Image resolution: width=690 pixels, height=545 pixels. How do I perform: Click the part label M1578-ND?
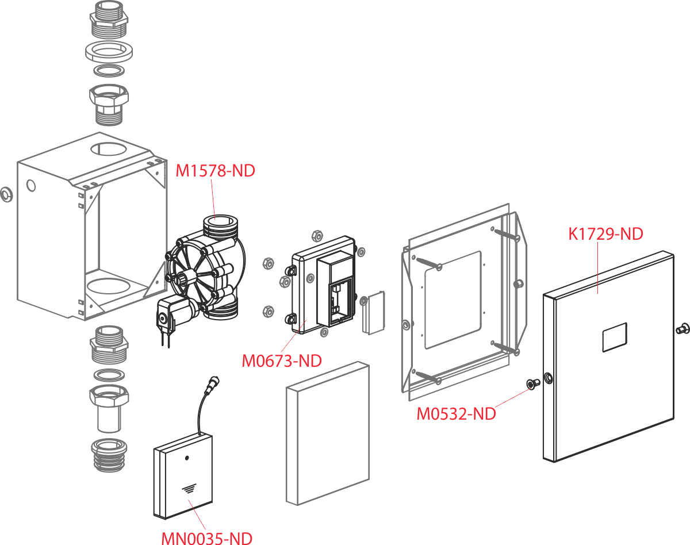[x=216, y=171]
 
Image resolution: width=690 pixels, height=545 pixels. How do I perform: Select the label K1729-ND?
[x=605, y=234]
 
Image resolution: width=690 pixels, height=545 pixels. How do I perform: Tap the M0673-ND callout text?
[x=281, y=361]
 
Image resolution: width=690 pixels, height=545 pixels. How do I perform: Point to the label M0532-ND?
[x=456, y=414]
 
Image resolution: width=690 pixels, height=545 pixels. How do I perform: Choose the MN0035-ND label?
[x=206, y=539]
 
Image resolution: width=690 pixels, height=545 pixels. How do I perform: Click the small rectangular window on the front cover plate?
[x=614, y=337]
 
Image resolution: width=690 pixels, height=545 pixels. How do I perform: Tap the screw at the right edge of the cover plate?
[x=683, y=328]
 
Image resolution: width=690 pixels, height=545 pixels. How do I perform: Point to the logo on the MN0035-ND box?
[x=188, y=489]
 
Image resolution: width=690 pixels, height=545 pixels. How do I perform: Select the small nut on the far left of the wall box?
[x=5, y=194]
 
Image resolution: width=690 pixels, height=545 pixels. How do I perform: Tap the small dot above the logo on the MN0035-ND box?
[x=187, y=459]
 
